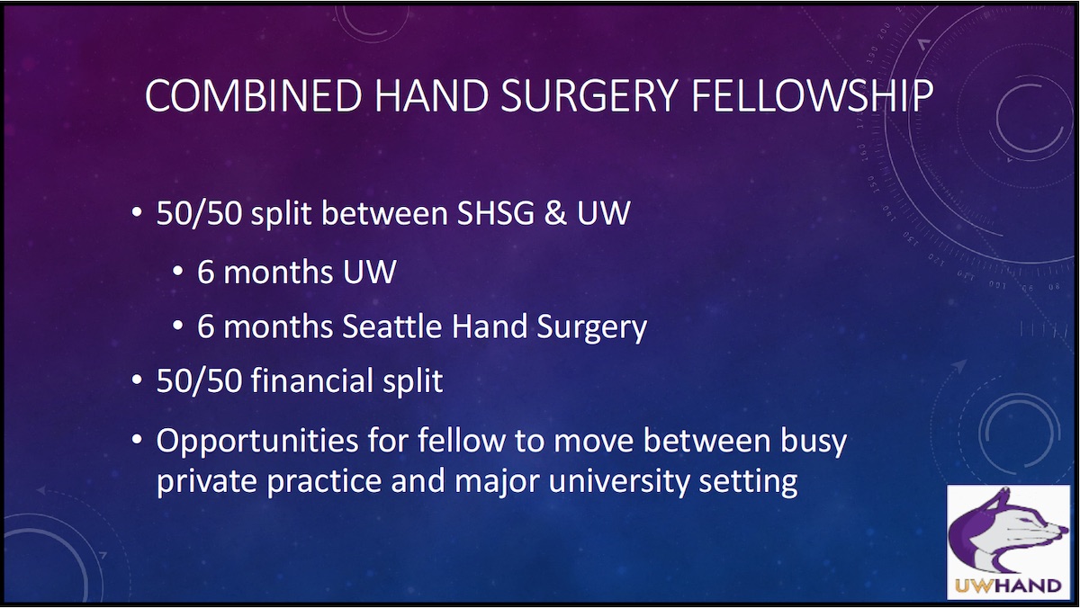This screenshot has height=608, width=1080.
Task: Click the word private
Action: [x=206, y=481]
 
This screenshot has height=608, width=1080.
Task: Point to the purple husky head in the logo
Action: [x=999, y=538]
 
